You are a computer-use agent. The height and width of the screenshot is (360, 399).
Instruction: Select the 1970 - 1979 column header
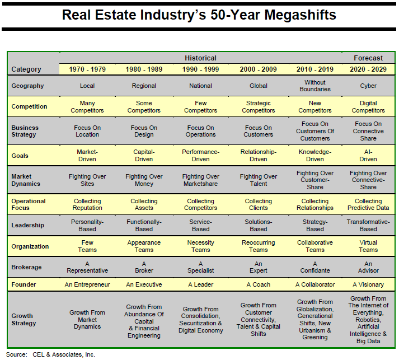[x=87, y=69]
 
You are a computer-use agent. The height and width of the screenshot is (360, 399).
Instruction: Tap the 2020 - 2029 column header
[x=368, y=69]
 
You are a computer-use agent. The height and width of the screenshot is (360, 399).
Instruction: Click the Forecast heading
[x=368, y=58]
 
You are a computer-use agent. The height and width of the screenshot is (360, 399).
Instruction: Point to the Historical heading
[x=200, y=58]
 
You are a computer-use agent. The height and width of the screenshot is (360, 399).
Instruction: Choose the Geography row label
[x=27, y=86]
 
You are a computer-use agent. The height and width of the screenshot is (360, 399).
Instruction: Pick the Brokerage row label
[x=27, y=267]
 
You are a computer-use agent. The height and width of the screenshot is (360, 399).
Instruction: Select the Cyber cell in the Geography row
[x=368, y=86]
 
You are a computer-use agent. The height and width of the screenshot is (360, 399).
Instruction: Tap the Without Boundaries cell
[x=315, y=86]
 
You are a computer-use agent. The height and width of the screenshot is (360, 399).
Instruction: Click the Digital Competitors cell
[x=368, y=106]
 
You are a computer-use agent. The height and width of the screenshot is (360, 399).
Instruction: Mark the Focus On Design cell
[x=144, y=131]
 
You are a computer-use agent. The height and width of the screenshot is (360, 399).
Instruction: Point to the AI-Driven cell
[x=368, y=155]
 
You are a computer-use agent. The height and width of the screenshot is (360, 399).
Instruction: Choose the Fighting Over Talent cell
[x=259, y=180]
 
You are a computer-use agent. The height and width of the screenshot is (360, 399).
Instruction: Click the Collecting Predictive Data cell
[x=368, y=204]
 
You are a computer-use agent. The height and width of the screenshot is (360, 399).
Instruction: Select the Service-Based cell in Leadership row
[x=200, y=225]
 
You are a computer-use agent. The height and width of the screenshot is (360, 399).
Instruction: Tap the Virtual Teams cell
[x=368, y=246]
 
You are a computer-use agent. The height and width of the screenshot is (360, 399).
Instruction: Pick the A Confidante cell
[x=315, y=267]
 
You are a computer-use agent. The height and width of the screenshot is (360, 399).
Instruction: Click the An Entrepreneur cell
[x=87, y=284]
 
